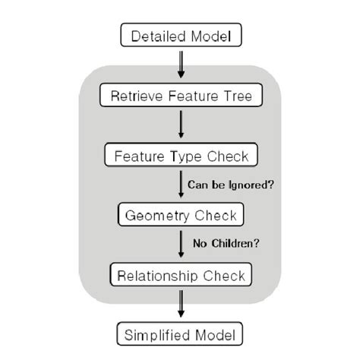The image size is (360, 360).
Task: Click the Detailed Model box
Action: point(180,35)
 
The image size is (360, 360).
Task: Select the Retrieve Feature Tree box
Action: point(180,96)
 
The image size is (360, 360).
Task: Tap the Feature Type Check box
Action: point(180,157)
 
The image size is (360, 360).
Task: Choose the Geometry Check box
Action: point(180,216)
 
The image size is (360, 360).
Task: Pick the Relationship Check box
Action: point(180,273)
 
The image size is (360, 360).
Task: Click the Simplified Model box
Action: point(180,334)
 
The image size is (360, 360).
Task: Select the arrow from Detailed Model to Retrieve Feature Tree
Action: point(180,65)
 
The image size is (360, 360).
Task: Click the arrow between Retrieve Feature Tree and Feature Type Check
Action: point(180,126)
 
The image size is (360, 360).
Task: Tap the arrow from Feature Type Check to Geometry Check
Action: point(180,186)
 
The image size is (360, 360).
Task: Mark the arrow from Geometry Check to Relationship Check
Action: point(180,245)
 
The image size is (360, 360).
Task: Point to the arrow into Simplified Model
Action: point(180,304)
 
